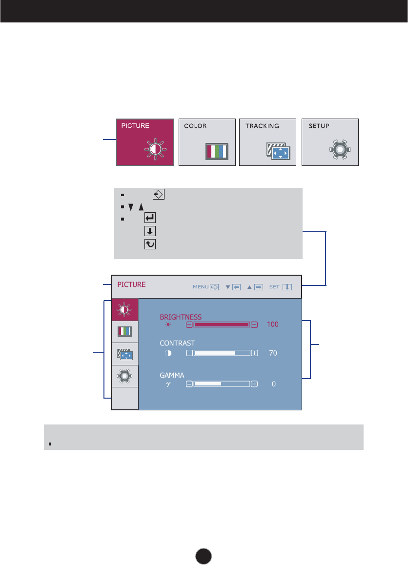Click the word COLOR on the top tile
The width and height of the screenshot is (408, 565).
[195, 126]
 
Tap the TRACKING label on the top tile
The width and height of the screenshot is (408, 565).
[262, 126]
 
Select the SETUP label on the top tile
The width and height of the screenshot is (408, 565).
[319, 126]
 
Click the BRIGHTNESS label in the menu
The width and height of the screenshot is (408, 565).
[181, 317]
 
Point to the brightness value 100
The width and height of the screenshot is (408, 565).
[272, 324]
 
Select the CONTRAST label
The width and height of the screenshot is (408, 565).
[177, 343]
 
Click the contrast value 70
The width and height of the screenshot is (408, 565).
[273, 353]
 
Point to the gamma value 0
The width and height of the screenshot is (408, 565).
[274, 384]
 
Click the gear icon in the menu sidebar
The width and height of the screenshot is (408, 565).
[125, 376]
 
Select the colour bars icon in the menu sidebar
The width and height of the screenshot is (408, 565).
[125, 332]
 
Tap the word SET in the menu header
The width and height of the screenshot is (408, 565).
[274, 287]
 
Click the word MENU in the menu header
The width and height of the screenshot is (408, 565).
[201, 287]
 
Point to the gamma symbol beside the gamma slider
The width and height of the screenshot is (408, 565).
[168, 384]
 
